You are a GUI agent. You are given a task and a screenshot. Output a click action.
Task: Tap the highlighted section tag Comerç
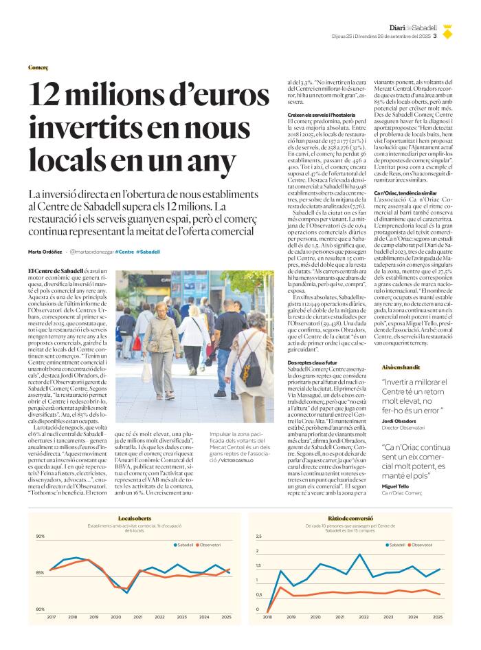click(38, 68)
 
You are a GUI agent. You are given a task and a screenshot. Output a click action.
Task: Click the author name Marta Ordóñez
click(45, 252)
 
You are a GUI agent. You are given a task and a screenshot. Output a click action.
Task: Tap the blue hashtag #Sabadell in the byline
click(148, 252)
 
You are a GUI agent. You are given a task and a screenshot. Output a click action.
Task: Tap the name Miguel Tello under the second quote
click(398, 486)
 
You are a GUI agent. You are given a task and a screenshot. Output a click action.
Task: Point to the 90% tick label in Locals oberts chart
click(40, 537)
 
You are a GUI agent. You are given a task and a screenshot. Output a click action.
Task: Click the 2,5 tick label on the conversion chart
click(258, 537)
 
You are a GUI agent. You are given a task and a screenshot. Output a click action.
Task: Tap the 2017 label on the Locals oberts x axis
click(52, 617)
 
